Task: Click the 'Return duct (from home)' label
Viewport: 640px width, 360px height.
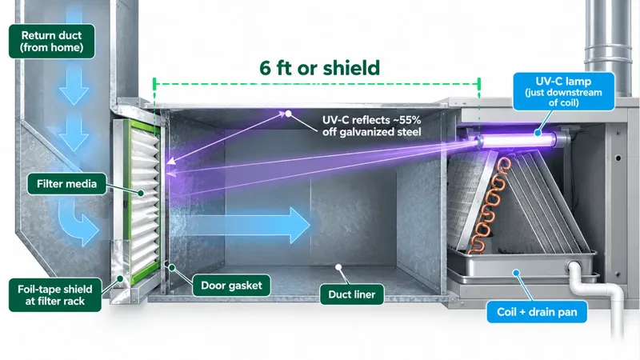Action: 52,42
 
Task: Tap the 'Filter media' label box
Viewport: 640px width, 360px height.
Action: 67,184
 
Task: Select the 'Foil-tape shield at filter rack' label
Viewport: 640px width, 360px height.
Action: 55,295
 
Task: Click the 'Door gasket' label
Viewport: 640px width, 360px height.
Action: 231,286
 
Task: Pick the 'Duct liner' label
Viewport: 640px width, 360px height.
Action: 352,294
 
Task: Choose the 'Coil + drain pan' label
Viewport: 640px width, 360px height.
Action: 537,312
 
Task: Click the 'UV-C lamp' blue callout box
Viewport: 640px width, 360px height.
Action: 564,91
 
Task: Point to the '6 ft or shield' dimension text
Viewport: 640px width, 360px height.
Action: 319,68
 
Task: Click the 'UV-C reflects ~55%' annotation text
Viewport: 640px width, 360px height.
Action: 371,120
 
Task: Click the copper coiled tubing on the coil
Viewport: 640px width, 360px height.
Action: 491,204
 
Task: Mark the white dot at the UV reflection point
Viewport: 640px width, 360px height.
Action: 288,114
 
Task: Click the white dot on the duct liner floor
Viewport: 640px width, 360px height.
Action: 338,267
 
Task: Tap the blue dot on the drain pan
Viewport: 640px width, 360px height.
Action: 516,273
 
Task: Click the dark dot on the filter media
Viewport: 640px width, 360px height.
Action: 141,193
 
